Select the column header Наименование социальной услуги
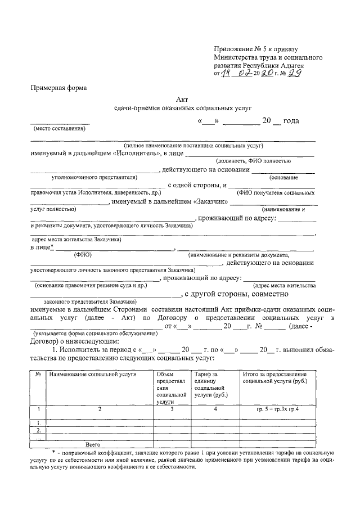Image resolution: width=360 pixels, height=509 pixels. [x=93, y=374]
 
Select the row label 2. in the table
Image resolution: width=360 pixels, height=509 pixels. [x=38, y=430]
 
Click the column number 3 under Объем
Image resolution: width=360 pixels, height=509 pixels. [x=172, y=409]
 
